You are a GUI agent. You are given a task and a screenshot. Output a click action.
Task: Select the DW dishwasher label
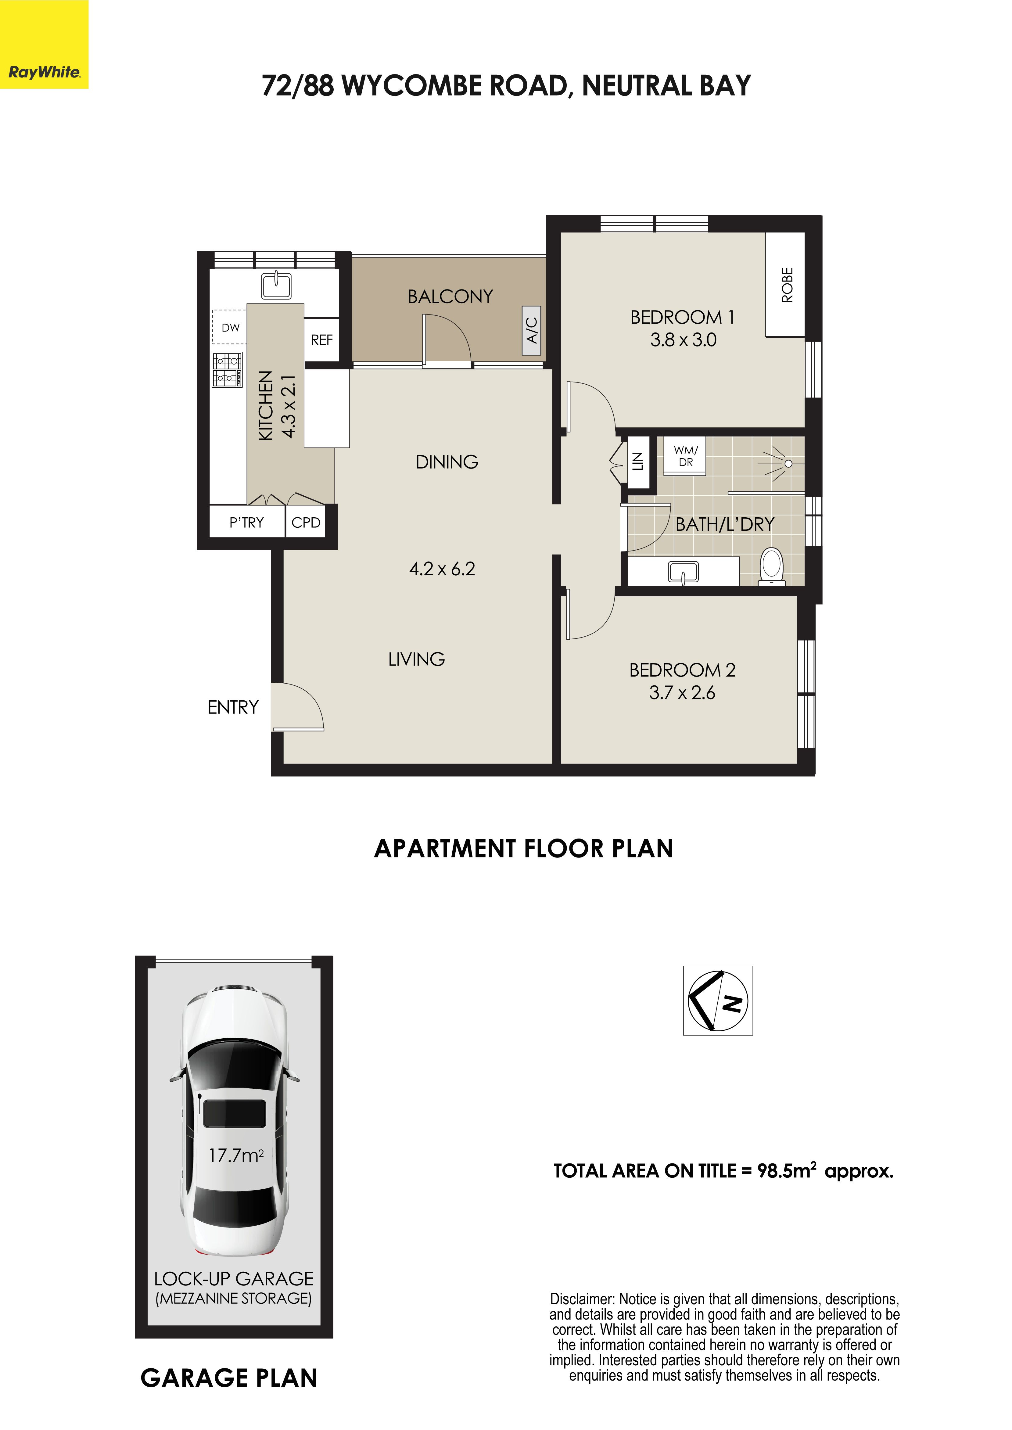[x=231, y=327]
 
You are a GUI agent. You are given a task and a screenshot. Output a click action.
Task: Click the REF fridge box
[x=321, y=340]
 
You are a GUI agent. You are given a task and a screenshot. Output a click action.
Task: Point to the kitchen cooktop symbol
[x=228, y=369]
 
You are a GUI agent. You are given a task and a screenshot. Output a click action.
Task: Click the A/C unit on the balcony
[x=532, y=331]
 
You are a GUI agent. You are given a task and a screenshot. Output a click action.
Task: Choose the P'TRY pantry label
[x=247, y=522]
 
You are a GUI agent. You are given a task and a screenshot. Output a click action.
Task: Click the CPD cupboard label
[x=306, y=522]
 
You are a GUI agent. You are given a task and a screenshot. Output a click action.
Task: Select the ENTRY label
[x=233, y=707]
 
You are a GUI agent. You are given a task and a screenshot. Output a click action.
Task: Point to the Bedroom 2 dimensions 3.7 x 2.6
[x=682, y=692]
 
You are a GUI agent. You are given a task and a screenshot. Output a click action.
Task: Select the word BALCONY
[x=450, y=296]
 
